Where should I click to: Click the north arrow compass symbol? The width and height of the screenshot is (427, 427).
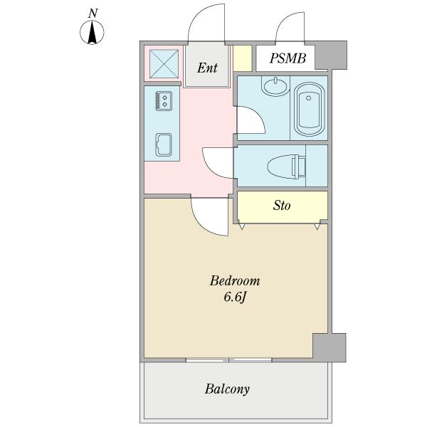(x=92, y=33)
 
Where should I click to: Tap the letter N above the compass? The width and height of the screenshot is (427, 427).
(x=93, y=14)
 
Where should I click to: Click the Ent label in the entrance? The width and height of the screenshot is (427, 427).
(x=207, y=68)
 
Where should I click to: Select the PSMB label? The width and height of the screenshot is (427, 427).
(x=288, y=58)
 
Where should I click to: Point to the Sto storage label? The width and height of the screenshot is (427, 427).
(x=282, y=206)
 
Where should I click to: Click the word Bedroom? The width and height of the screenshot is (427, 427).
(x=235, y=281)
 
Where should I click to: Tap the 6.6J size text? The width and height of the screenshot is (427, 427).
(x=235, y=297)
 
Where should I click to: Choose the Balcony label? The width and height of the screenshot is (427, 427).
(x=227, y=389)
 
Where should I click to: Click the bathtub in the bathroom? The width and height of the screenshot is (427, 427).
(x=309, y=109)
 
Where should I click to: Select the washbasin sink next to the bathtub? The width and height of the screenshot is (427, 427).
(x=275, y=86)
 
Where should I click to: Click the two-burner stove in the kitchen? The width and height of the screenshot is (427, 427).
(x=164, y=101)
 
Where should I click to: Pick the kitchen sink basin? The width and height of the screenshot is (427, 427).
(x=164, y=144)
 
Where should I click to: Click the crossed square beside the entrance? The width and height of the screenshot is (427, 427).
(x=164, y=64)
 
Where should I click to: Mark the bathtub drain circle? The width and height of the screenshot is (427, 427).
(x=308, y=98)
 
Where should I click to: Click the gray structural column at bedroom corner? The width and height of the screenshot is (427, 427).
(x=330, y=347)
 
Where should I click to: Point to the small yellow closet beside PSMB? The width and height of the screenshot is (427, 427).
(x=243, y=58)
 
